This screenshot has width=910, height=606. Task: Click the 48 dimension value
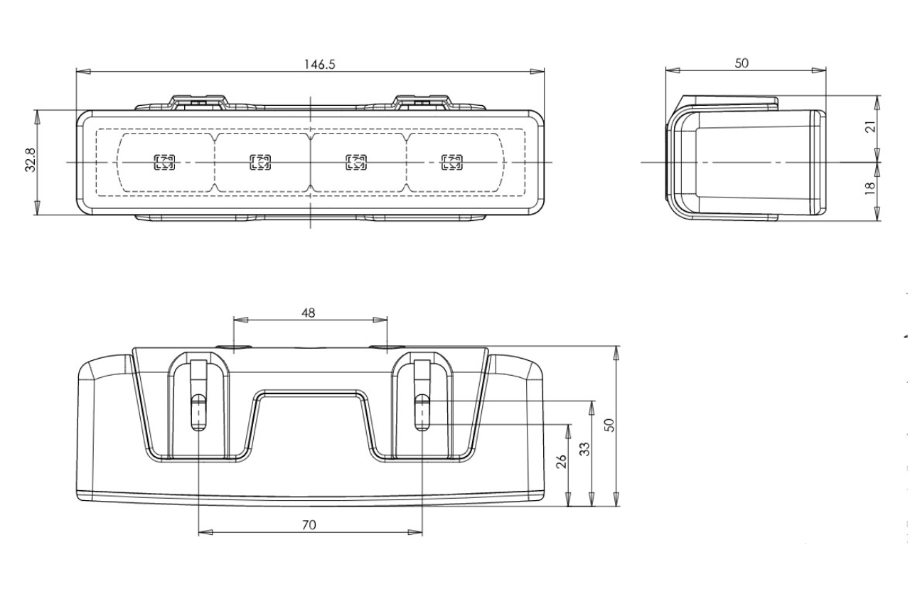click(x=309, y=312)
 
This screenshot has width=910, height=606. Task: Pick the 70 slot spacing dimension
click(x=309, y=525)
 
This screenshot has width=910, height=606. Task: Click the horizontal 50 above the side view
click(x=742, y=63)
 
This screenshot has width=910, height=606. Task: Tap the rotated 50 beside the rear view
click(x=609, y=425)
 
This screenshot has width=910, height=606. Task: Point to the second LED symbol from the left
click(x=260, y=162)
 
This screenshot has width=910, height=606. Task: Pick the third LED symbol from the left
click(x=356, y=162)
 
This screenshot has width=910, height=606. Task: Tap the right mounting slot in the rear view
click(x=422, y=412)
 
